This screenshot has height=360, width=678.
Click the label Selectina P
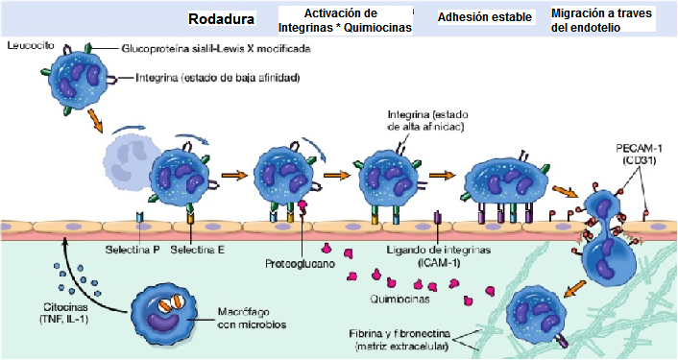(132, 250)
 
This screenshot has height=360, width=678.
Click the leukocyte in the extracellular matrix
(539, 313)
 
